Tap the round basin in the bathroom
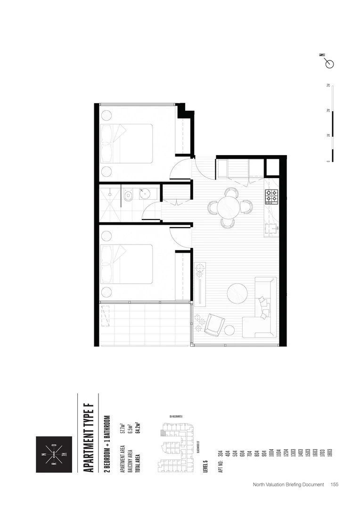click(146, 193)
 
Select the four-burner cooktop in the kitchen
click(272, 196)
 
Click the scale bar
click(332, 123)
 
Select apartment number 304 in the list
click(221, 454)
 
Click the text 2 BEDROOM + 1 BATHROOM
click(107, 445)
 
